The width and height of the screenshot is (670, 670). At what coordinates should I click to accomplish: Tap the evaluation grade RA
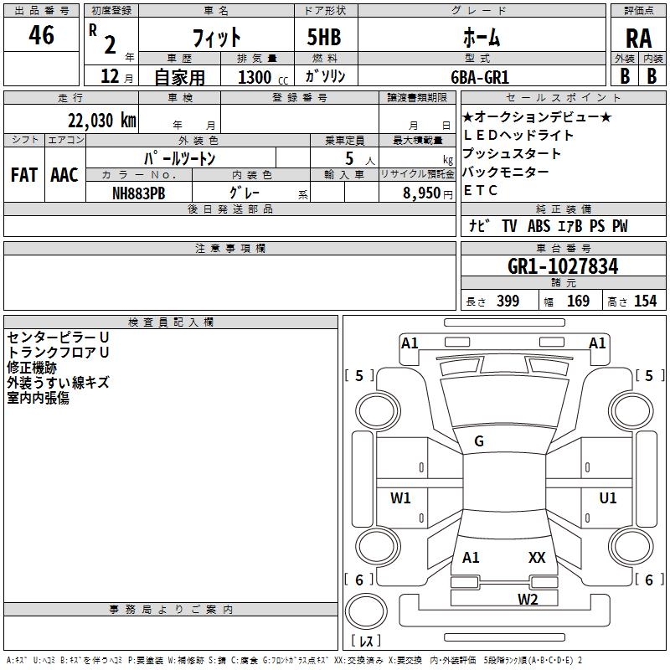pyautogui.click(x=638, y=39)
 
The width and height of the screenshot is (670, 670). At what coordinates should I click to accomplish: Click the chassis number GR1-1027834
pyautogui.click(x=563, y=267)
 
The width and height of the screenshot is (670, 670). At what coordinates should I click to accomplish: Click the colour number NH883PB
pyautogui.click(x=140, y=192)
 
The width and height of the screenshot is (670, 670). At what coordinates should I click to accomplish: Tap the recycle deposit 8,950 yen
pyautogui.click(x=430, y=193)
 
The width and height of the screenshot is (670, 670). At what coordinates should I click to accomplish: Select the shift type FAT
pyautogui.click(x=24, y=175)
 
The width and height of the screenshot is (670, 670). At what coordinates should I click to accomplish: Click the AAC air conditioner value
pyautogui.click(x=64, y=175)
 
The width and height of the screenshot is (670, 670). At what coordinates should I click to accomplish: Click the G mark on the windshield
pyautogui.click(x=479, y=441)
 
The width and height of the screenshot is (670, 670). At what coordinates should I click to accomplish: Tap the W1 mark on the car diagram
pyautogui.click(x=401, y=498)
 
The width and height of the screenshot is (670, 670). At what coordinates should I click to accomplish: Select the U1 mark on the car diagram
pyautogui.click(x=608, y=498)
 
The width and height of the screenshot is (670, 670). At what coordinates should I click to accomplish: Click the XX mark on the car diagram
pyautogui.click(x=537, y=557)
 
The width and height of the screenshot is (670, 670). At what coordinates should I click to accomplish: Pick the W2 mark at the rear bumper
pyautogui.click(x=527, y=598)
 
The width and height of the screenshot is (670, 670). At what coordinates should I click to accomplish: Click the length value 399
pyautogui.click(x=508, y=301)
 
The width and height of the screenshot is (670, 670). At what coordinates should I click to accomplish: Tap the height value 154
pyautogui.click(x=645, y=301)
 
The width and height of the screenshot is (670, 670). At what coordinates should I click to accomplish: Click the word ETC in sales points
pyautogui.click(x=481, y=190)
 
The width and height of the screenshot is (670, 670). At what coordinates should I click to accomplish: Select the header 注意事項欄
pyautogui.click(x=230, y=249)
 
